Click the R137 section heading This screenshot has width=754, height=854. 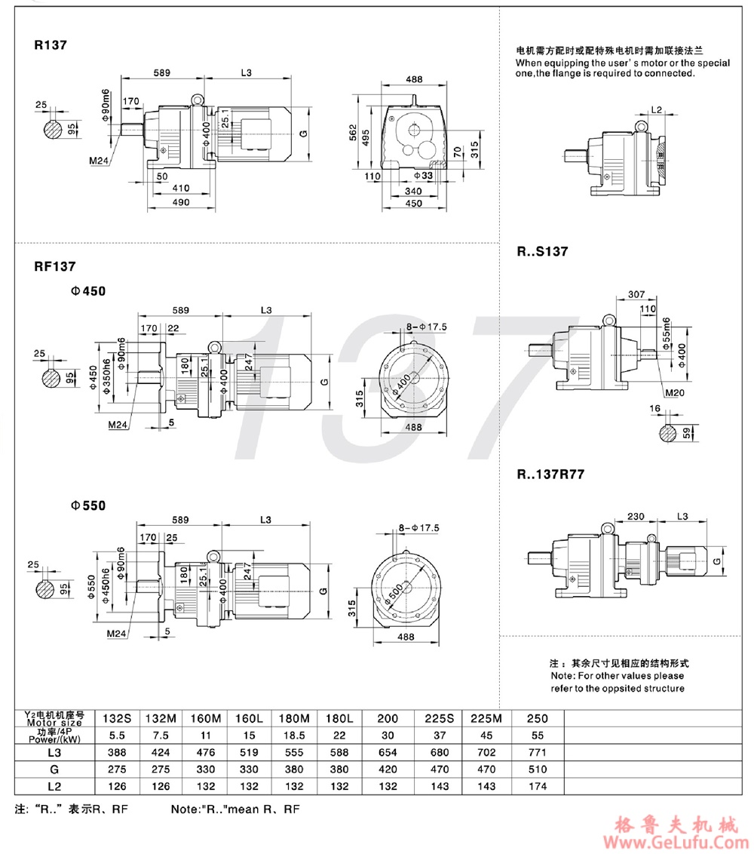51,45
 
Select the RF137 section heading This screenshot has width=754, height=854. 54,266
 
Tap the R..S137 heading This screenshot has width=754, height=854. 542,251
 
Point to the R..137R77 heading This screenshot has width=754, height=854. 551,475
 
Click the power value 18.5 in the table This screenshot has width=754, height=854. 295,736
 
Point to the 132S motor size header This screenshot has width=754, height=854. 117,719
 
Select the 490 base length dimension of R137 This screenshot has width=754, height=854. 179,202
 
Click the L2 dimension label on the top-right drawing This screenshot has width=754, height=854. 656,110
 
